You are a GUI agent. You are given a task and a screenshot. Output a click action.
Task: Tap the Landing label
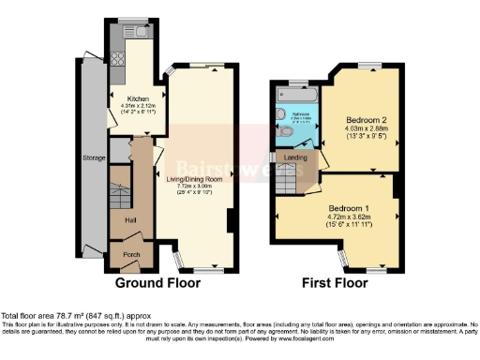[x=296, y=157]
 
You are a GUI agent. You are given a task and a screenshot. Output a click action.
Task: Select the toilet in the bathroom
[x=286, y=133]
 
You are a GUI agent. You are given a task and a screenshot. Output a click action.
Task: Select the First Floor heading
[x=334, y=281]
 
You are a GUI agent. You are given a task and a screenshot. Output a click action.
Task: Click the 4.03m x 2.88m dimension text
[x=361, y=131]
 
